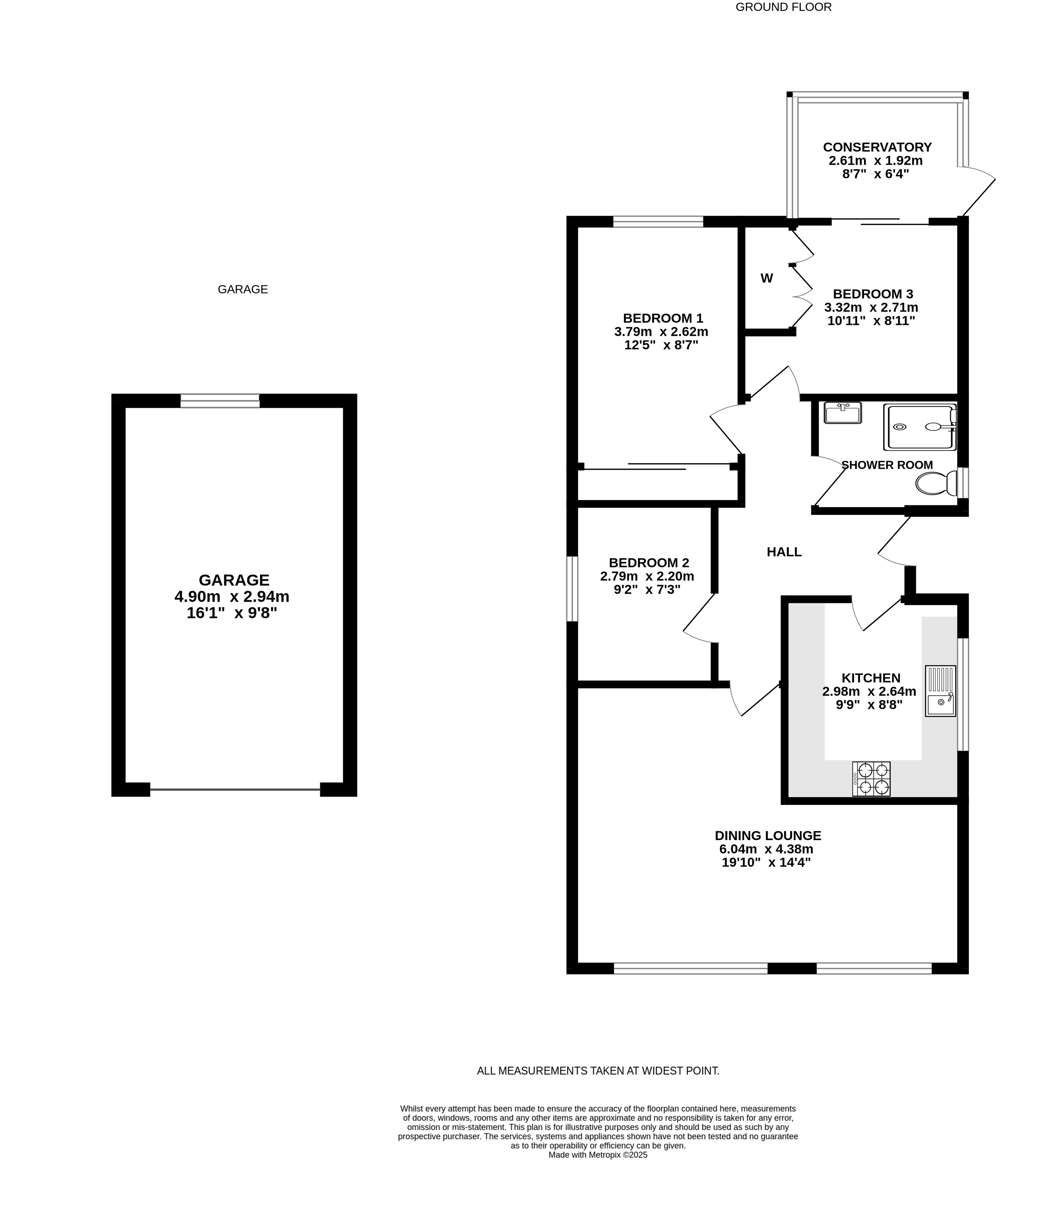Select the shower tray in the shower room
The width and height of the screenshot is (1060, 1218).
pyautogui.click(x=920, y=427)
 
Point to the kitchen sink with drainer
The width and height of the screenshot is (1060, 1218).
pyautogui.click(x=941, y=691)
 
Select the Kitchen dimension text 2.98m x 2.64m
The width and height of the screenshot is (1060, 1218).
pyautogui.click(x=869, y=691)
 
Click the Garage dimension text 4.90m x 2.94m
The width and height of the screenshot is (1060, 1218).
pyautogui.click(x=232, y=596)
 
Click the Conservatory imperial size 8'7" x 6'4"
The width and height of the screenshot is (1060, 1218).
pyautogui.click(x=876, y=174)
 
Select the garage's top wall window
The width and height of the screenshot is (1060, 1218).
pyautogui.click(x=220, y=401)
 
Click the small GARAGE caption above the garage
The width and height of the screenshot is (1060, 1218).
pyautogui.click(x=243, y=289)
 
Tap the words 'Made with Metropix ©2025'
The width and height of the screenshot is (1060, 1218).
pyautogui.click(x=598, y=1171)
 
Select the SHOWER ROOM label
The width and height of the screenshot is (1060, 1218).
pyautogui.click(x=887, y=465)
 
